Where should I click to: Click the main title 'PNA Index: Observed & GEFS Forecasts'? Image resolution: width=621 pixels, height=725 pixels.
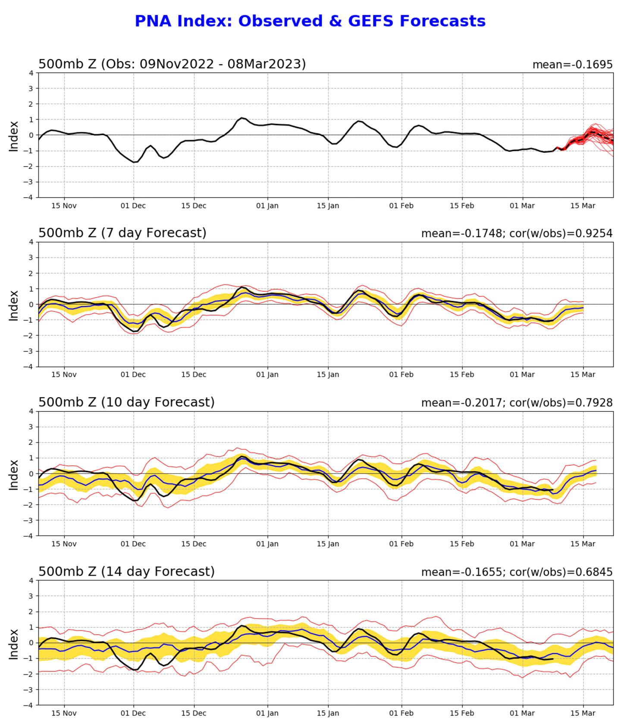point(310,21)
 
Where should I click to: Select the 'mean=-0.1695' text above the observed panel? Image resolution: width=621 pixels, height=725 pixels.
point(572,65)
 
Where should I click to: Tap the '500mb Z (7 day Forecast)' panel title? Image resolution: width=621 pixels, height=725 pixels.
point(122,233)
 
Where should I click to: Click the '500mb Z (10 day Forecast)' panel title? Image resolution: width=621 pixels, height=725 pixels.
point(126,402)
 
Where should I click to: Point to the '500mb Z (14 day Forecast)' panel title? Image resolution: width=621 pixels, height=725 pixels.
point(126,571)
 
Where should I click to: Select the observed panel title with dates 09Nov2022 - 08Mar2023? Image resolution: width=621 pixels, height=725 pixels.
point(172,64)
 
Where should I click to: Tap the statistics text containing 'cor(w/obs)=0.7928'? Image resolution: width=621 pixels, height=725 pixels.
point(517,403)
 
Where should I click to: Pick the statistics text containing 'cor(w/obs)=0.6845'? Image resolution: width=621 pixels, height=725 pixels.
point(517,572)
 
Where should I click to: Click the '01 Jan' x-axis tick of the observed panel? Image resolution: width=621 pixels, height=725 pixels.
point(267,206)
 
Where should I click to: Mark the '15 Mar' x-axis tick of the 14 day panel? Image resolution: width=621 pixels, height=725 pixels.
point(583,713)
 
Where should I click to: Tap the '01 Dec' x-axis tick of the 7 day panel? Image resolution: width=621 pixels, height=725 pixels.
point(133,375)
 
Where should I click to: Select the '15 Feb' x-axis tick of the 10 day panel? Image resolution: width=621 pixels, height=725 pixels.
point(462,544)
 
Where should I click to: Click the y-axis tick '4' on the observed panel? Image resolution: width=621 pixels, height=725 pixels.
point(31,73)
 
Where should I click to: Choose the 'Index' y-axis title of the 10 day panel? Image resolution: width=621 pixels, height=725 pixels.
point(14,475)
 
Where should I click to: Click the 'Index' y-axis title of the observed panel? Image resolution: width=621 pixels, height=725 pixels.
point(14,136)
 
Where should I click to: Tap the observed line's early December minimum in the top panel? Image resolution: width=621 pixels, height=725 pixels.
point(135,162)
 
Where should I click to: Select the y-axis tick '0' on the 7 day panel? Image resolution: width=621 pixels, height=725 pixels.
point(31,305)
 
